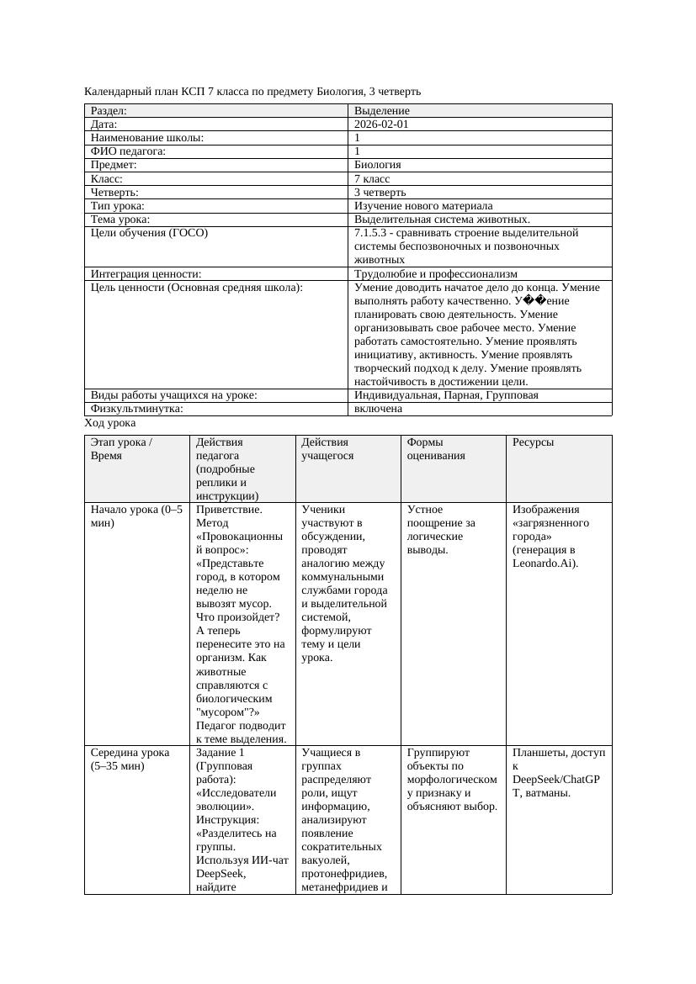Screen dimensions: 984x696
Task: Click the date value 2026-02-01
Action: (381, 124)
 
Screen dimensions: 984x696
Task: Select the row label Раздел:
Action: (109, 111)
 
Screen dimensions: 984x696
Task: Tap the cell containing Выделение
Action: (382, 111)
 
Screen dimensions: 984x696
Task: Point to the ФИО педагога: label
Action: (128, 151)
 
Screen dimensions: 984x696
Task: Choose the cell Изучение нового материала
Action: (423, 205)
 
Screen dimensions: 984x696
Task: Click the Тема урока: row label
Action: (120, 219)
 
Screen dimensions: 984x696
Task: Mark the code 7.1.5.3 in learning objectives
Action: (371, 232)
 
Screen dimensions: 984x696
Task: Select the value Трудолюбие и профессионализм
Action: (435, 273)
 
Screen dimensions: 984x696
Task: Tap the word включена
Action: (378, 409)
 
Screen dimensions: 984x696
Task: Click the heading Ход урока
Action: (110, 423)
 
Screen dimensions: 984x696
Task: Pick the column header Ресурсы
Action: (533, 442)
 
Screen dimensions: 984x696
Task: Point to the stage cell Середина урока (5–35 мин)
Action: (130, 759)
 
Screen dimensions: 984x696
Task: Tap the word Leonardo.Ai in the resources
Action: (544, 563)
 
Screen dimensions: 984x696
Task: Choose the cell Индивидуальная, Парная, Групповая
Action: (446, 395)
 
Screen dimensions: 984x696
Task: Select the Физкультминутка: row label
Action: (136, 409)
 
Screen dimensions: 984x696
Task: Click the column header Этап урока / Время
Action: (121, 448)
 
